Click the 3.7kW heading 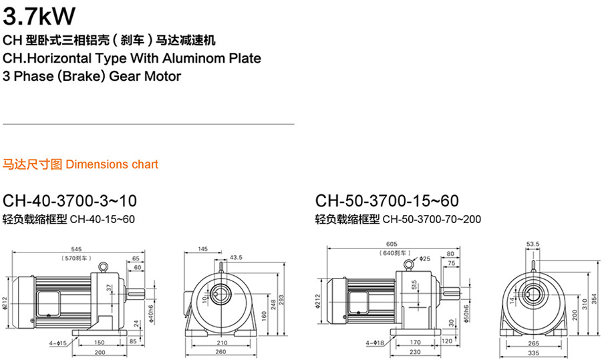(39, 15)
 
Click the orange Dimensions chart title (80, 164)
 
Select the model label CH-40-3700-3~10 (69, 201)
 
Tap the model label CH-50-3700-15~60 (387, 201)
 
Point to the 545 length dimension (76, 249)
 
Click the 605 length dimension (392, 244)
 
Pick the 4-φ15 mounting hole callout (57, 343)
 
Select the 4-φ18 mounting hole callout (375, 343)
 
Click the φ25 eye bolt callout (424, 258)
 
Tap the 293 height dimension (281, 299)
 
